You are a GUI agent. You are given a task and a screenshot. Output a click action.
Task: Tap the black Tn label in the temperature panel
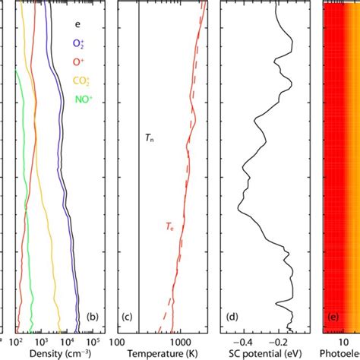pyautogui.click(x=149, y=138)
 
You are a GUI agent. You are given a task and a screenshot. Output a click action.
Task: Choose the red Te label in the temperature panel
pyautogui.click(x=172, y=226)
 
